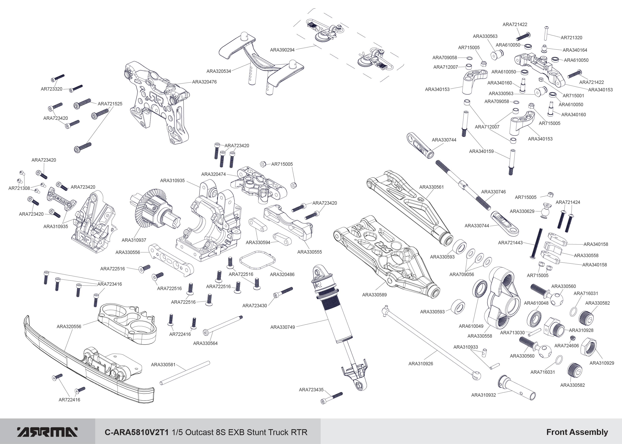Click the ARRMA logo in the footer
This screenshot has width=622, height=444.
[x=47, y=432]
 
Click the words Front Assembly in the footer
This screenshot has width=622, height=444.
[x=577, y=432]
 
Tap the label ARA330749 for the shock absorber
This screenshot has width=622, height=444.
[x=283, y=327]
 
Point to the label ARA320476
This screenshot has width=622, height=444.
[x=204, y=82]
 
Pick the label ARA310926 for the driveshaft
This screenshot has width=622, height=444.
[x=421, y=364]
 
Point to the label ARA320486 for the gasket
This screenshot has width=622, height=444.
[x=282, y=274]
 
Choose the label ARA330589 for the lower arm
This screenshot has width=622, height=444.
[x=374, y=295]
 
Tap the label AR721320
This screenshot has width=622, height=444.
[x=571, y=38]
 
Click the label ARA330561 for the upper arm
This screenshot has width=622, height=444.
[x=432, y=187]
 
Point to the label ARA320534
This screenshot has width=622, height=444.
[x=219, y=71]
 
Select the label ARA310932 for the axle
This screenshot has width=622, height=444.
[x=484, y=395]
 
